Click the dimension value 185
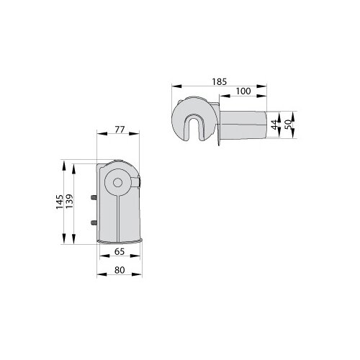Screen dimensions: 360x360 tap(219, 82)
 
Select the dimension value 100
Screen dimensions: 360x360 tap(243, 91)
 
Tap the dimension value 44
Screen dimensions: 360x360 tap(275, 125)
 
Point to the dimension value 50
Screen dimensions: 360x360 tap(289, 125)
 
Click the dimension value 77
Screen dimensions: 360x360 tap(120, 130)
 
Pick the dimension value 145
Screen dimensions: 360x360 tap(60, 202)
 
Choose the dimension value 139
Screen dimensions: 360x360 tap(69, 201)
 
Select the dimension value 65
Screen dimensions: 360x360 tap(120, 251)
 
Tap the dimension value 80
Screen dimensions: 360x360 tap(120, 270)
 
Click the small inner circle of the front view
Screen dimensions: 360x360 tap(117, 183)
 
